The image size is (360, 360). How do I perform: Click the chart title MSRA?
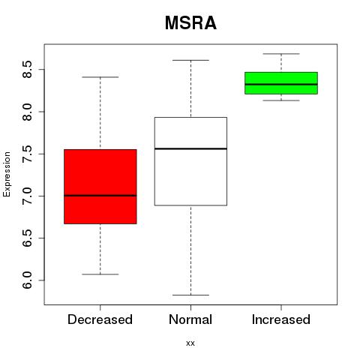click(190, 23)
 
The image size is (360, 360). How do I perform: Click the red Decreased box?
click(100, 187)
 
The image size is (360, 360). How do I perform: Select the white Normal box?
click(190, 161)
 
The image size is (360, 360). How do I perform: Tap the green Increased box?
click(281, 83)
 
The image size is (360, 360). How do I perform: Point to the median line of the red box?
click(100, 196)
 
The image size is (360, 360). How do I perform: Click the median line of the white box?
click(190, 148)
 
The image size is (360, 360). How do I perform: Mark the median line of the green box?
click(281, 85)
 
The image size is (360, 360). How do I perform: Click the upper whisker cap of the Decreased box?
click(100, 77)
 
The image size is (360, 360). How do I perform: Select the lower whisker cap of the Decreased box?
click(100, 274)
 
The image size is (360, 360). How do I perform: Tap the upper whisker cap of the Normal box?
click(190, 60)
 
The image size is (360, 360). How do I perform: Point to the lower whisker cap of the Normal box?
click(190, 295)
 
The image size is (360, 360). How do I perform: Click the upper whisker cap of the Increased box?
click(281, 54)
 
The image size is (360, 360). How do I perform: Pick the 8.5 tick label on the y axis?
click(27, 70)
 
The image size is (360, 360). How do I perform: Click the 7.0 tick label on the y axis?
click(27, 196)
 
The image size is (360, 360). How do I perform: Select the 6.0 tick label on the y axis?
click(27, 280)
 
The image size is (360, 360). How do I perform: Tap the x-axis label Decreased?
click(100, 319)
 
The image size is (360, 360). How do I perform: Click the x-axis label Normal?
click(190, 319)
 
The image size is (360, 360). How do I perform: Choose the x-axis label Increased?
click(281, 319)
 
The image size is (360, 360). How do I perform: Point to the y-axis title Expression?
click(7, 174)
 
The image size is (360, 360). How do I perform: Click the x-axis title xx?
click(190, 343)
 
